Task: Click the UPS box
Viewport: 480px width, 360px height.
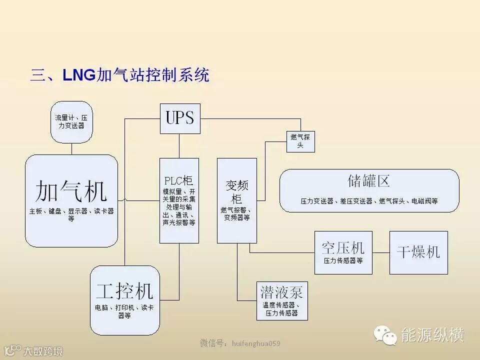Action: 180,118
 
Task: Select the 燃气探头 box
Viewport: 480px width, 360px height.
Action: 300,141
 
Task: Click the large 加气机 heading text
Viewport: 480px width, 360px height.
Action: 71,191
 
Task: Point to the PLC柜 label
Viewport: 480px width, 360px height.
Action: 179,180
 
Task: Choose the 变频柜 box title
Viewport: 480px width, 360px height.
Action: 236,191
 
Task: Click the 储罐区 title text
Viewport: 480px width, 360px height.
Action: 368,180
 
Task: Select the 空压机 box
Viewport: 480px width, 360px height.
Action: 343,252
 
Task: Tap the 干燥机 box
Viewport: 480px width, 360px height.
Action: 418,252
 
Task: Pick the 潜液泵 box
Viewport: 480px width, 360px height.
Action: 281,299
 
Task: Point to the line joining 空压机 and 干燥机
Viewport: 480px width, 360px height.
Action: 381,252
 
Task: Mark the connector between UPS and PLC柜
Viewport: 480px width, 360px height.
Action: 179,146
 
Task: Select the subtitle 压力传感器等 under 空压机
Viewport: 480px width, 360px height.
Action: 343,260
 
